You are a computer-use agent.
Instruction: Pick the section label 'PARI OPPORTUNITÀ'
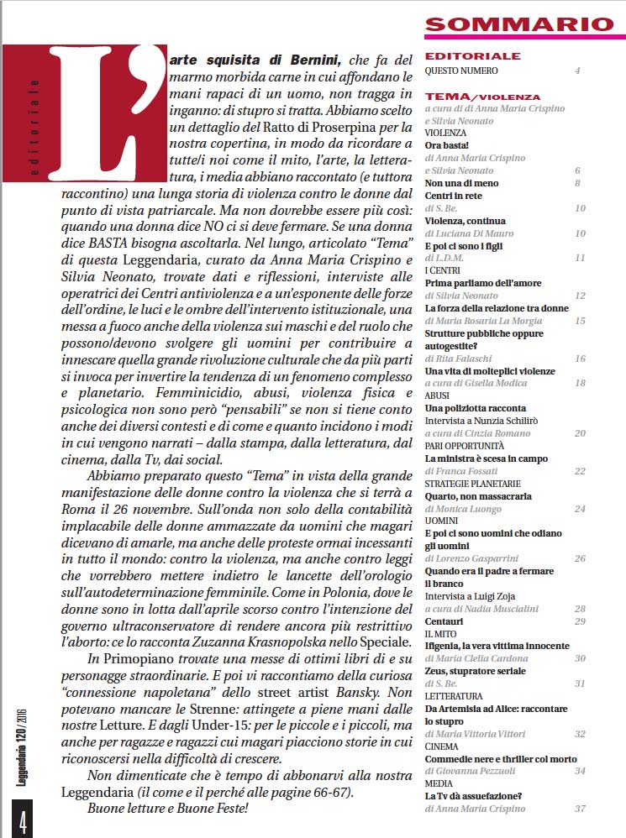(465, 446)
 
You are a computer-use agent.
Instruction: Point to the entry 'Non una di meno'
(461, 183)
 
